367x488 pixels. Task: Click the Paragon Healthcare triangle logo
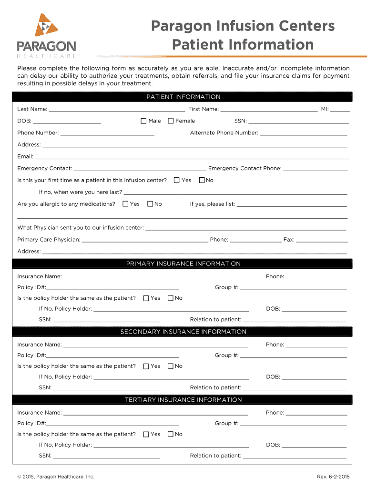click(46, 26)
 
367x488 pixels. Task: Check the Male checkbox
click(143, 121)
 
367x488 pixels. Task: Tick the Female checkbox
click(171, 121)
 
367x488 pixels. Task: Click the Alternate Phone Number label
click(224, 133)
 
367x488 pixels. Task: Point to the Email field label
click(25, 157)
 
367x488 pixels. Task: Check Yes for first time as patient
click(176, 180)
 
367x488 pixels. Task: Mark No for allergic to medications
click(150, 204)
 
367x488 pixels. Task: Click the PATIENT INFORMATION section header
click(183, 97)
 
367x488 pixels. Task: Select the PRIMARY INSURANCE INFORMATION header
click(183, 264)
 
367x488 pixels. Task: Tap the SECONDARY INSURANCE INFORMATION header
click(183, 332)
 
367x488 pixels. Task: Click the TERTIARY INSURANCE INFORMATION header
click(183, 400)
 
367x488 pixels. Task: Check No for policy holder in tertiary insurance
click(171, 434)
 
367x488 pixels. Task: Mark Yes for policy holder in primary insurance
click(146, 298)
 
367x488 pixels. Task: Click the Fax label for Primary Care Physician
click(289, 240)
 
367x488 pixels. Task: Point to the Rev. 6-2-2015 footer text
click(333, 477)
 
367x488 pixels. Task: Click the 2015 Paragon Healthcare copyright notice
click(56, 477)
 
